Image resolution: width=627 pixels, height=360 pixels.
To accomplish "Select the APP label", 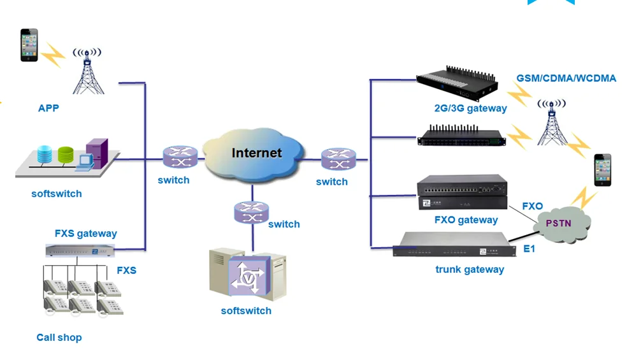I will [48, 108].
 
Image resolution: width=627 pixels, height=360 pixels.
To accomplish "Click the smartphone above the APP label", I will [29, 45].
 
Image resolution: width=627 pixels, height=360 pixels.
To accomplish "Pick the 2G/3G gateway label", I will [470, 108].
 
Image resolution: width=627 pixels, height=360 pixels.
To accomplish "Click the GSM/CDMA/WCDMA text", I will [566, 78].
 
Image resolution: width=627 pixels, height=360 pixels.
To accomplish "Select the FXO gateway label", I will [466, 220].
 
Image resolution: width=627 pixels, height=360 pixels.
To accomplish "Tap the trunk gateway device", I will [453, 245].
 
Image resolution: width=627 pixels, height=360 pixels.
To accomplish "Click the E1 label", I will [529, 248].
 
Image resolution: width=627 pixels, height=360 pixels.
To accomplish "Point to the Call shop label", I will [59, 337].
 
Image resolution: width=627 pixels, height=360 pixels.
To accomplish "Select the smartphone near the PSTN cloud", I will [602, 169].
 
